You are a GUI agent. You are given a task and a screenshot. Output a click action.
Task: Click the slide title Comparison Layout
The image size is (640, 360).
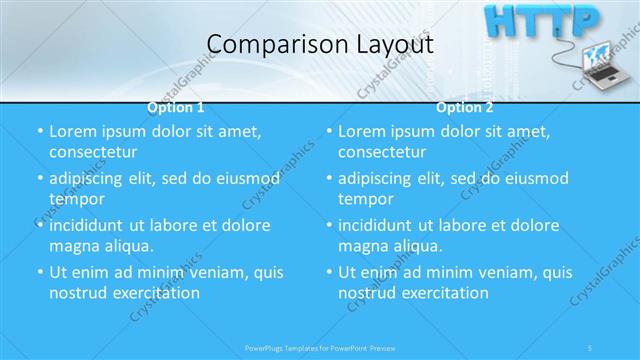click(319, 45)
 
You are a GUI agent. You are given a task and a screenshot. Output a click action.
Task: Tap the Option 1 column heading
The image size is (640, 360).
click(176, 108)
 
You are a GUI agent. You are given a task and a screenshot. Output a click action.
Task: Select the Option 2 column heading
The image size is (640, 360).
click(465, 108)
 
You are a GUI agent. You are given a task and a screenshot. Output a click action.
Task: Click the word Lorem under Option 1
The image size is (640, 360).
click(72, 131)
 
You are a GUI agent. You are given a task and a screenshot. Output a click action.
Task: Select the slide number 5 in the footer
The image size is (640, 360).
click(593, 347)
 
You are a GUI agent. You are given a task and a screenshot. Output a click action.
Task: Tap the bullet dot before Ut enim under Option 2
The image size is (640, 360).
click(329, 272)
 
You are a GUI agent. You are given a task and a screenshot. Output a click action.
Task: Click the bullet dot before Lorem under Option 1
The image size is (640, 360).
click(40, 131)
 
